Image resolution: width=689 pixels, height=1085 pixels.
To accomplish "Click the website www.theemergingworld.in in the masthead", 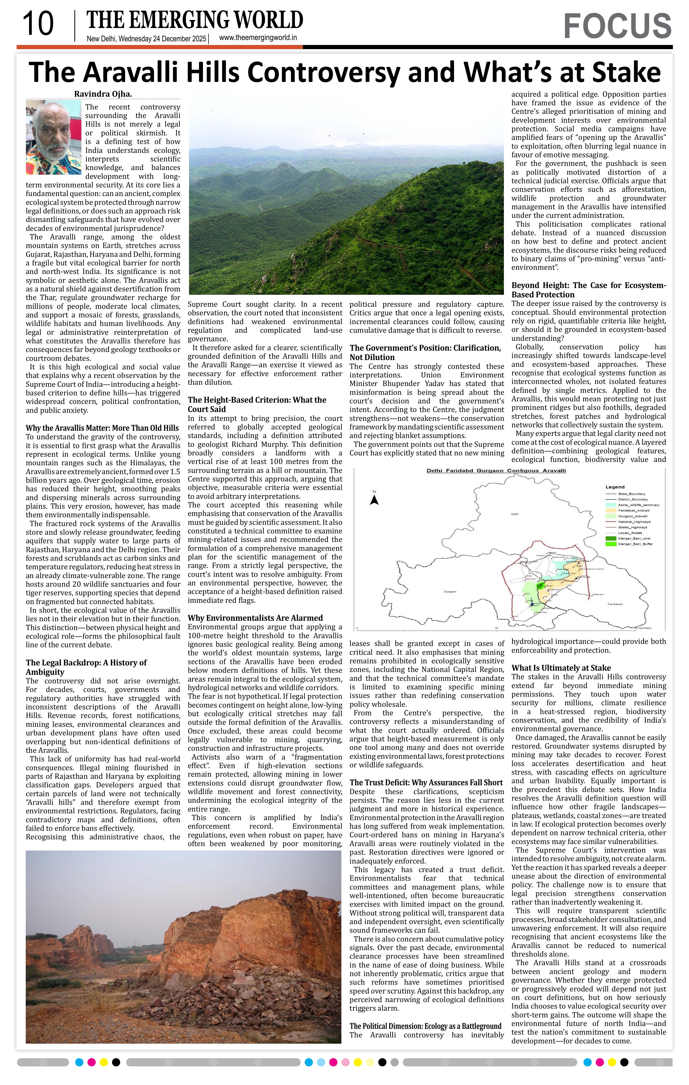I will (258, 38).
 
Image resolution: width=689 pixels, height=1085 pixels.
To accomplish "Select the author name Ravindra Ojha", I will (103, 94).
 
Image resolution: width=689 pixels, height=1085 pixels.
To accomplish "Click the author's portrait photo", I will (53, 137).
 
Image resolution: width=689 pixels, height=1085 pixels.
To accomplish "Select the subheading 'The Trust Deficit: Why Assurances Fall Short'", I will (426, 783).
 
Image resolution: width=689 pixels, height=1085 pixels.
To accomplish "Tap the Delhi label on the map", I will (515, 514).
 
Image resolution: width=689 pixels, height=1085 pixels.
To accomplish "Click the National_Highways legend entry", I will (634, 522).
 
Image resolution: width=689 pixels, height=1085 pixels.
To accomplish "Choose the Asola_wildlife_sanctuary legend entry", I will (639, 505).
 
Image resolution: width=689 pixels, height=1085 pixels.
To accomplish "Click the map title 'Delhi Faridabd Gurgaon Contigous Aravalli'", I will (496, 470).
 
